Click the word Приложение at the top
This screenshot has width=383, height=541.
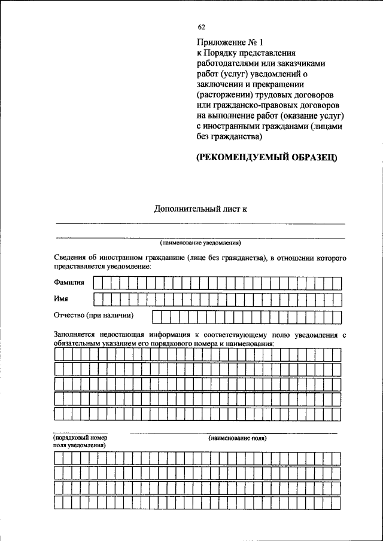coord(218,42)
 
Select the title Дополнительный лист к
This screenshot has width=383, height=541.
coord(200,209)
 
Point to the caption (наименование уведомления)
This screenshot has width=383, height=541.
coord(200,243)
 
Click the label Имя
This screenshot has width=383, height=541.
coord(61,298)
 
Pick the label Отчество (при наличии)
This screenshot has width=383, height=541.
coord(93,315)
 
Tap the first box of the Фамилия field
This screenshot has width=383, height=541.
coord(98,282)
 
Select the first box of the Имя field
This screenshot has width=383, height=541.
coord(98,298)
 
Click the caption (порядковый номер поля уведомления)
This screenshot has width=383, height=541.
coord(80,442)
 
